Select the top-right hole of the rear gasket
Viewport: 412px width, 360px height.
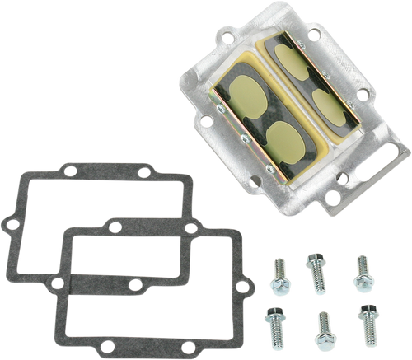tap(144, 174)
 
